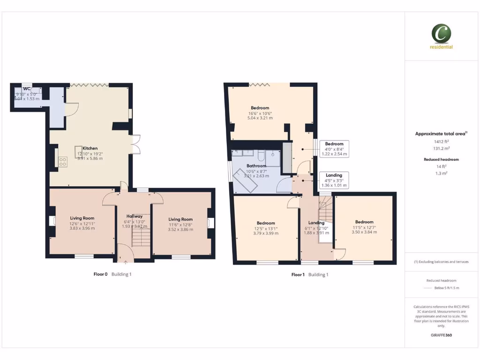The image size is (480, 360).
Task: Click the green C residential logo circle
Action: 441,34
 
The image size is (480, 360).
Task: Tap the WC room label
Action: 27,88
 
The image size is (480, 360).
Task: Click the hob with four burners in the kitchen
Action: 62,161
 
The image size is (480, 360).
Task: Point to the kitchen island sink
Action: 78,150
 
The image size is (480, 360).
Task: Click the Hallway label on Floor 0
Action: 134,216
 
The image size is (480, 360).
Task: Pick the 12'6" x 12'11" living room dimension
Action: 82,224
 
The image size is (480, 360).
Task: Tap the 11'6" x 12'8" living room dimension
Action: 180,225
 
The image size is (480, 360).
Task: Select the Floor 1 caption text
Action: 298,275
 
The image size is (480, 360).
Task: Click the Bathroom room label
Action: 256,166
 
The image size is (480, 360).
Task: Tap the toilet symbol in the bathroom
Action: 261,156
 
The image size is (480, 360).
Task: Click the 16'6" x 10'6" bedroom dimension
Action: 260,113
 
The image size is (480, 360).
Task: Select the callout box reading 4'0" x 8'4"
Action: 334,149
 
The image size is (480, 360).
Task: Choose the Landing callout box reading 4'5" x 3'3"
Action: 334,180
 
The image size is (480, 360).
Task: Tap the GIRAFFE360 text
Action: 441,335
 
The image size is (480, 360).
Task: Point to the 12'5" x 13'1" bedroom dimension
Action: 265,228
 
